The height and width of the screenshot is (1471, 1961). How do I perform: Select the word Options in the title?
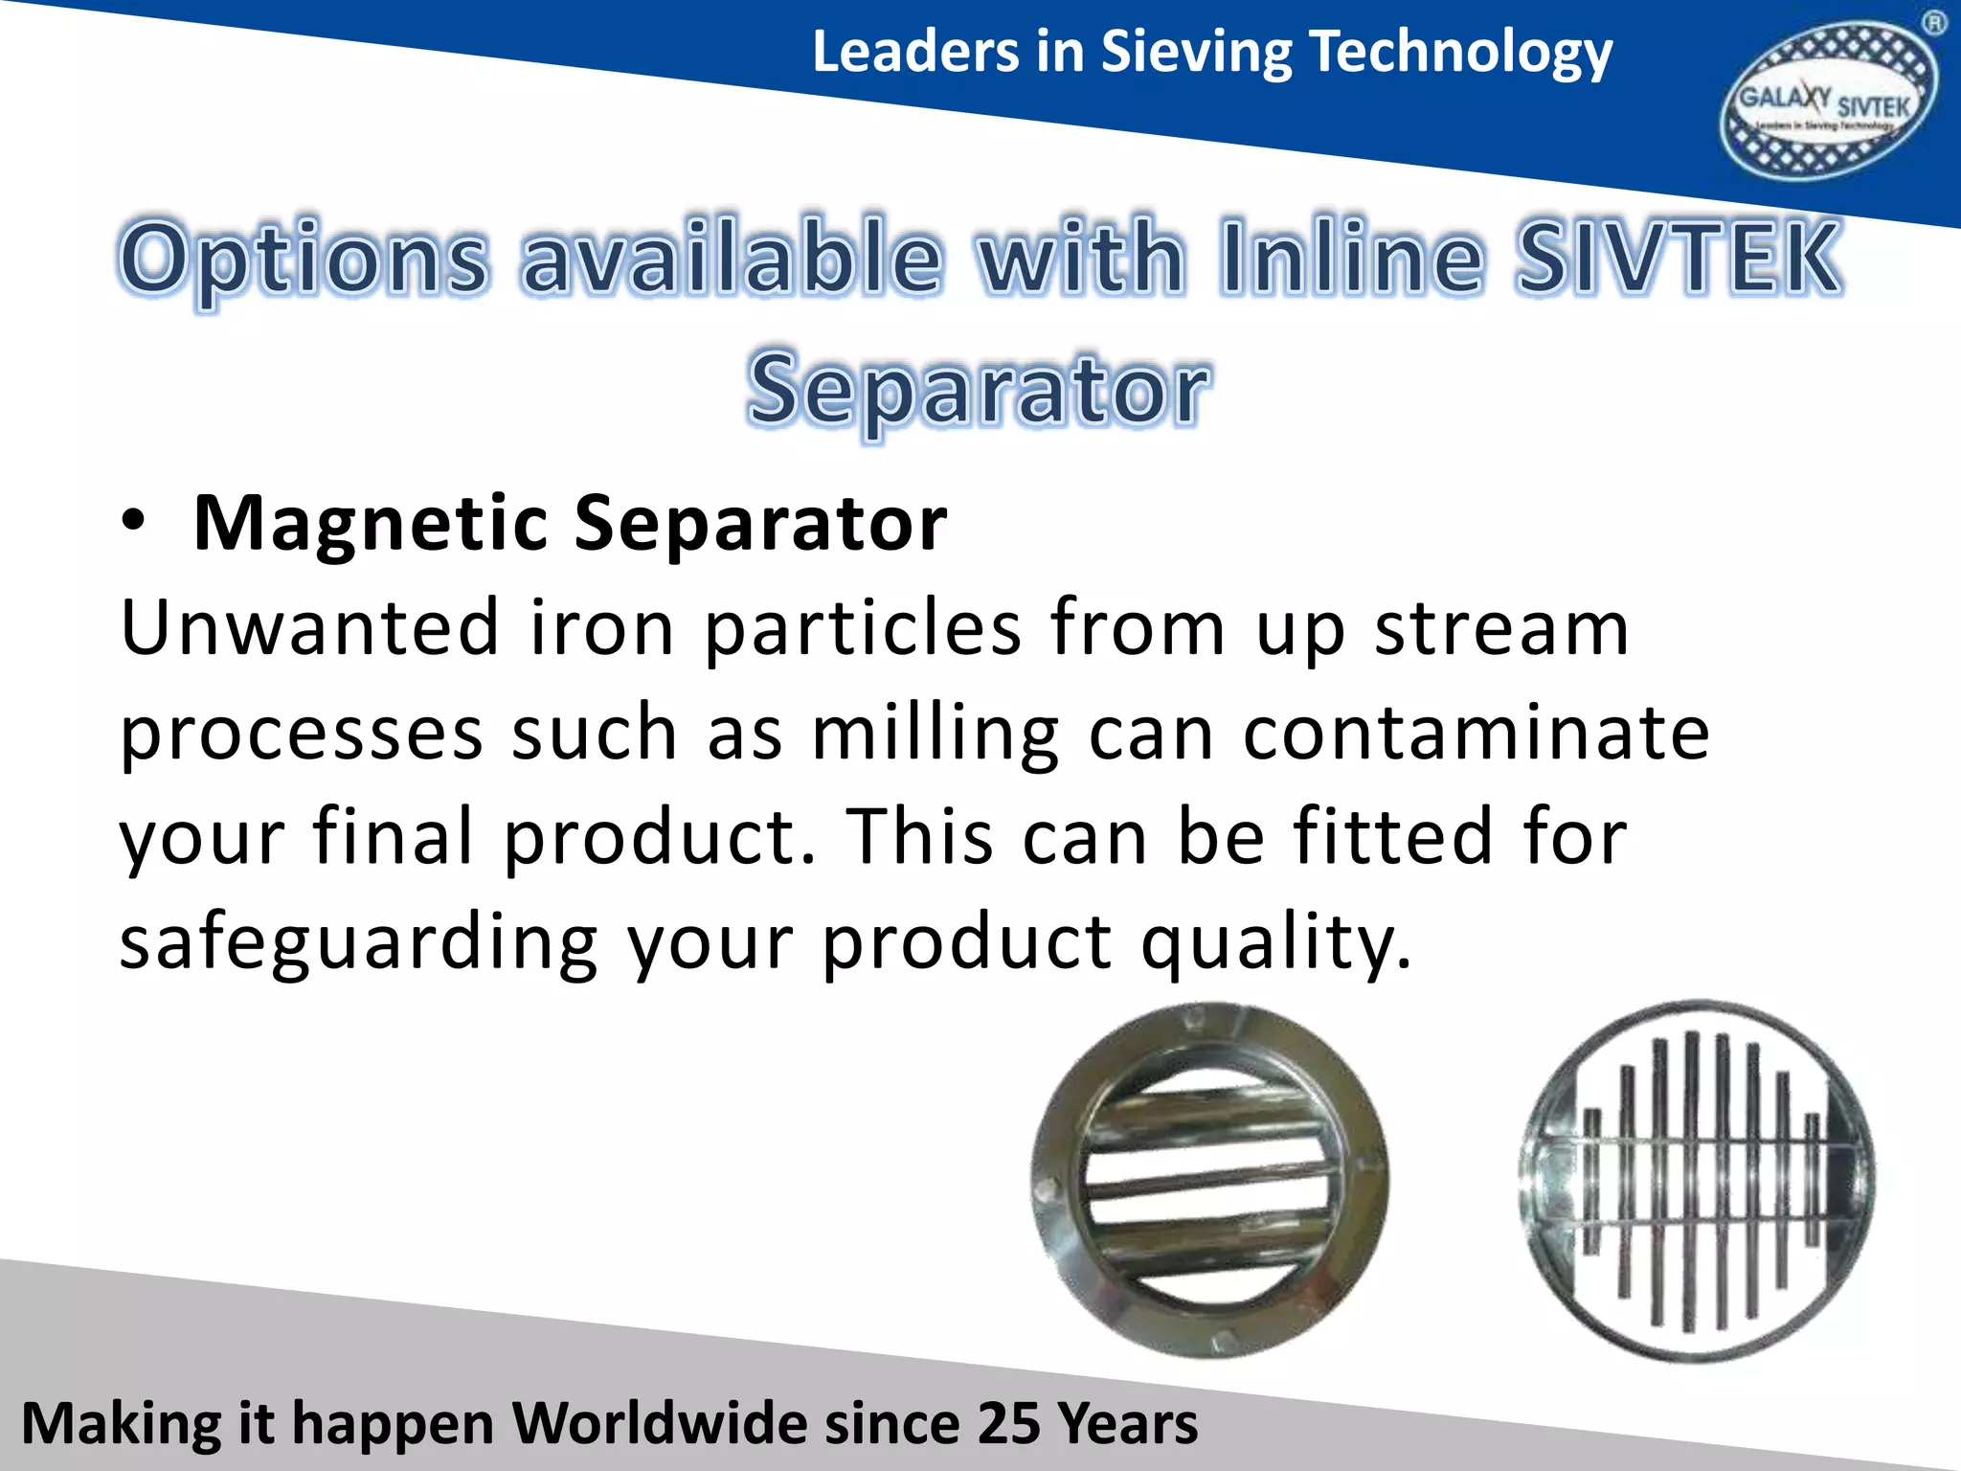(x=304, y=257)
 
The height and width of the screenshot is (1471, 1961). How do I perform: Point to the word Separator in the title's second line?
(x=979, y=389)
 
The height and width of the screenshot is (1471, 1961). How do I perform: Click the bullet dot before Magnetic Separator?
(x=134, y=522)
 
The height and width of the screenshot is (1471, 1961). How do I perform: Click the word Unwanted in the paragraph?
(x=309, y=628)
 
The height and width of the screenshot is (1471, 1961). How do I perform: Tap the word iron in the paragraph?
(x=602, y=628)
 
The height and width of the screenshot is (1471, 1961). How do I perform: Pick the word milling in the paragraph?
(x=935, y=734)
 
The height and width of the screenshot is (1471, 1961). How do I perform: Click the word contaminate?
(x=1476, y=734)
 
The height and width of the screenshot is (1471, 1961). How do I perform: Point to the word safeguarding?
(x=358, y=943)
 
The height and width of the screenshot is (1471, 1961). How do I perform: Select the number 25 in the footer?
(x=1007, y=1423)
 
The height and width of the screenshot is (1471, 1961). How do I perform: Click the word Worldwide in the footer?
(x=661, y=1423)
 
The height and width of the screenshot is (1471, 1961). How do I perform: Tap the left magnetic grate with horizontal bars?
(x=1208, y=1180)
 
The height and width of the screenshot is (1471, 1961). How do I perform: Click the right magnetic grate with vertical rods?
(x=1697, y=1182)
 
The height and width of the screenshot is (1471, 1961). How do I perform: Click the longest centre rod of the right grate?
(x=1692, y=1182)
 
